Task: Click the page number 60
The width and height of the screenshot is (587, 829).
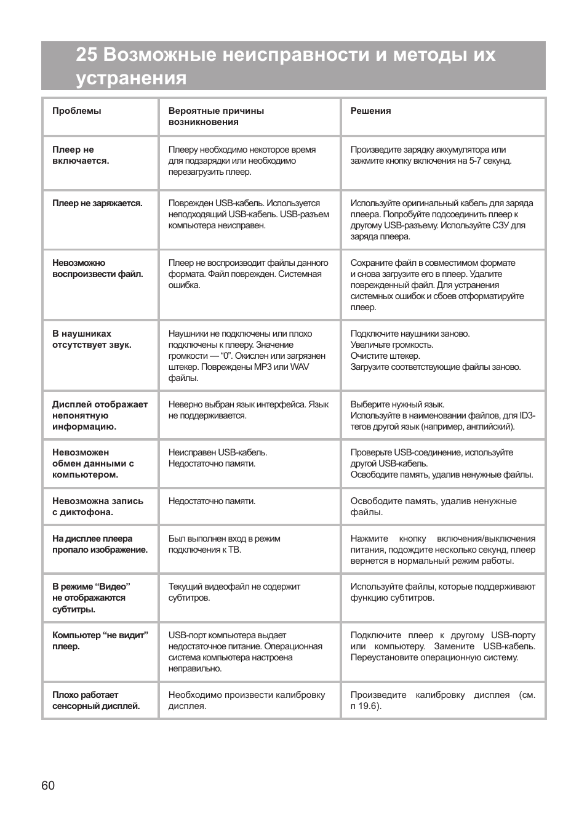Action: pyautogui.click(x=48, y=785)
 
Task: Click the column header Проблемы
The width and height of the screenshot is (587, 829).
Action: pyautogui.click(x=77, y=111)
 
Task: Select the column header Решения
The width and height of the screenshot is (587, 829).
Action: pyautogui.click(x=370, y=111)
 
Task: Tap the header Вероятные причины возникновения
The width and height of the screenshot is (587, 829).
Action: pyautogui.click(x=216, y=116)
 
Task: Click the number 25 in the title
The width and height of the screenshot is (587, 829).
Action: pyautogui.click(x=87, y=55)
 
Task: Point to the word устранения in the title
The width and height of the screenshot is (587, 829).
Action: pyautogui.click(x=131, y=78)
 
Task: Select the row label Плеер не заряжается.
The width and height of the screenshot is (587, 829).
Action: pyautogui.click(x=97, y=203)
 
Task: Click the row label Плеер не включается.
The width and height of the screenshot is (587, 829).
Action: pyautogui.click(x=81, y=155)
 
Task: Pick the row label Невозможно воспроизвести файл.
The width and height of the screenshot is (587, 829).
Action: pyautogui.click(x=97, y=268)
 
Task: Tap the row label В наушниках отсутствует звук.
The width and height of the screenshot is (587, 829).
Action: pyautogui.click(x=92, y=339)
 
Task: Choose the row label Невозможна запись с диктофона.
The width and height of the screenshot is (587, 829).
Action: pyautogui.click(x=97, y=507)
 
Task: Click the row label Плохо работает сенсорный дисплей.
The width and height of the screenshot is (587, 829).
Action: pyautogui.click(x=96, y=700)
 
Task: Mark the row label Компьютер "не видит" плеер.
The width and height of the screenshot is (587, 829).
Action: pyautogui.click(x=100, y=641)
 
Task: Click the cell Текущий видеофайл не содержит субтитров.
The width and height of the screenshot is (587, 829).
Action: pyautogui.click(x=234, y=592)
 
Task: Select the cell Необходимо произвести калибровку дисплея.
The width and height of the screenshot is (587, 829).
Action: pyautogui.click(x=246, y=700)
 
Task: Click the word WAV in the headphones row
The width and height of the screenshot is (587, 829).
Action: pyautogui.click(x=299, y=367)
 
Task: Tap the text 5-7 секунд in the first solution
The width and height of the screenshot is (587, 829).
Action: pyautogui.click(x=489, y=161)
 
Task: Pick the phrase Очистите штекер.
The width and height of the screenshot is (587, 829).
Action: pyautogui.click(x=385, y=356)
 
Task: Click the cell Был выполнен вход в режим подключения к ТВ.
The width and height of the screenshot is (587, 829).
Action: pyautogui.click(x=224, y=544)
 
